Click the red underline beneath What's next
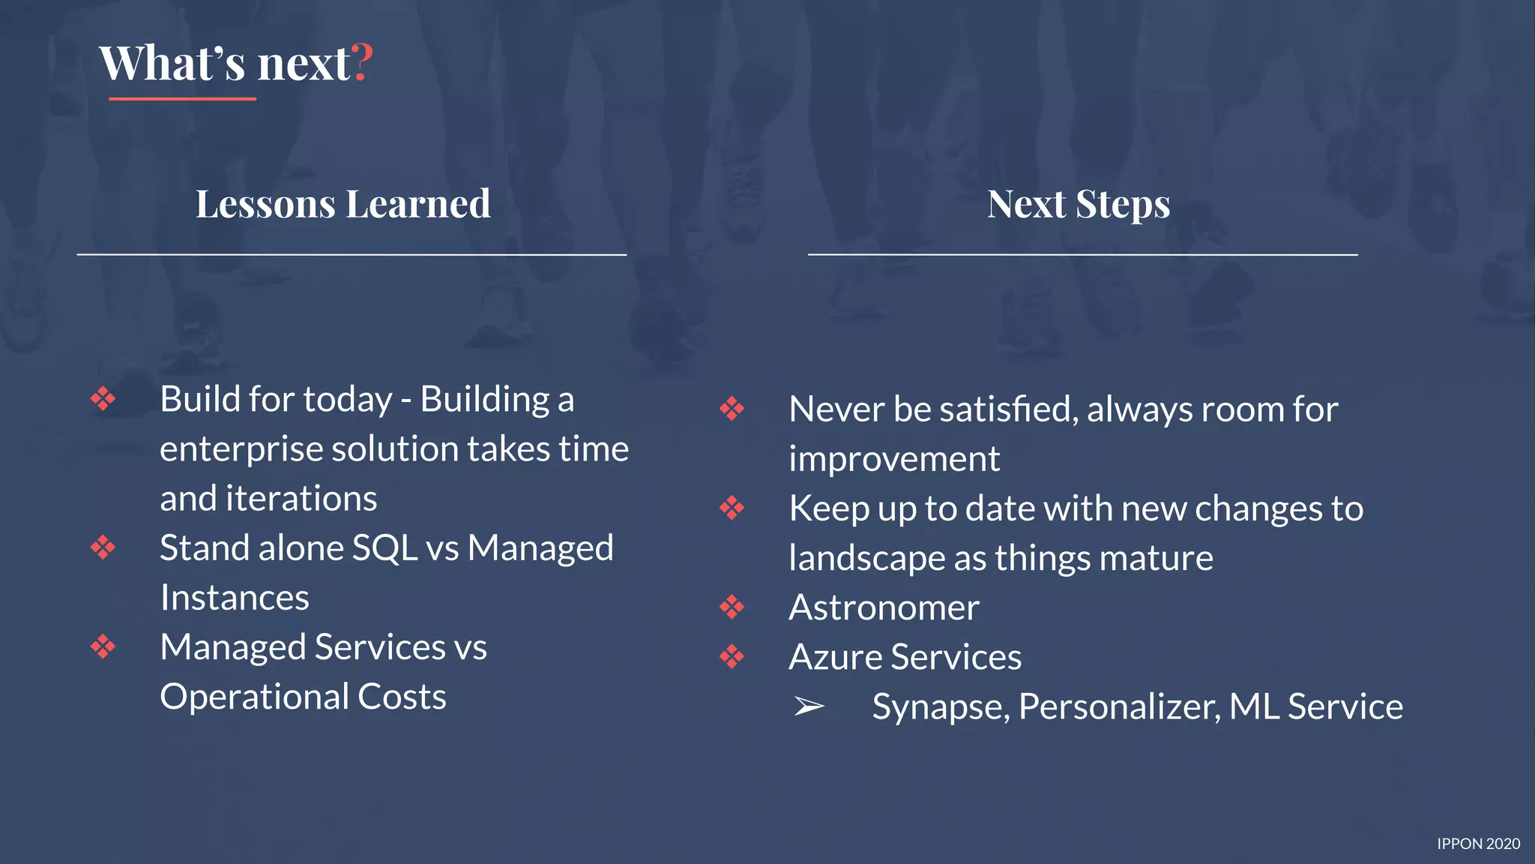182,98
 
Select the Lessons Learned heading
343,204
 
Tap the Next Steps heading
1079,204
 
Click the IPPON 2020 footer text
1478,844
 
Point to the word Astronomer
884,607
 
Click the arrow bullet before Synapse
809,706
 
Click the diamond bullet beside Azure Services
732,657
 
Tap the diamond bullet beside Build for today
103,399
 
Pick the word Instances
235,598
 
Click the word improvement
894,459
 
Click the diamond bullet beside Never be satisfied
732,409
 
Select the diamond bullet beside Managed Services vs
103,646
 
